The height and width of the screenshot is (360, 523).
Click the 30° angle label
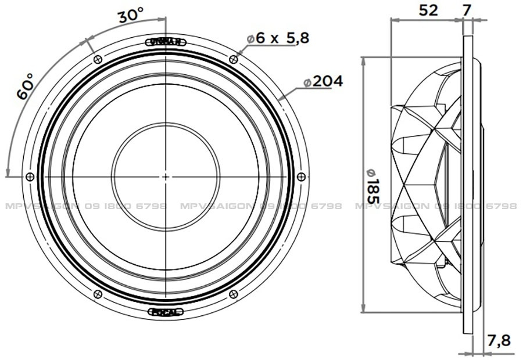coord(131,16)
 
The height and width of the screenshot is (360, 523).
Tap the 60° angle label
coord(26,87)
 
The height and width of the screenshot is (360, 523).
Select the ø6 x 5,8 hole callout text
coord(278,38)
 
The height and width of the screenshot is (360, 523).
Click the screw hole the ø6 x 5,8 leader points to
coord(234,59)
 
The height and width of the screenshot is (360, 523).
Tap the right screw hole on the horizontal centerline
coord(301,177)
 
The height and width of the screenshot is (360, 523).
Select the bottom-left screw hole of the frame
coord(97,294)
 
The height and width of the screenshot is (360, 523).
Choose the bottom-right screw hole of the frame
coord(234,294)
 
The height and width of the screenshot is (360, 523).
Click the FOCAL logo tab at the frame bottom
coord(166,312)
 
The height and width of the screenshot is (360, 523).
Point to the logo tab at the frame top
coord(166,41)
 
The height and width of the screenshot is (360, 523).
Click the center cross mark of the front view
coord(166,177)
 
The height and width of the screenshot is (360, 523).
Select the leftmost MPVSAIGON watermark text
coord(84,206)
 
